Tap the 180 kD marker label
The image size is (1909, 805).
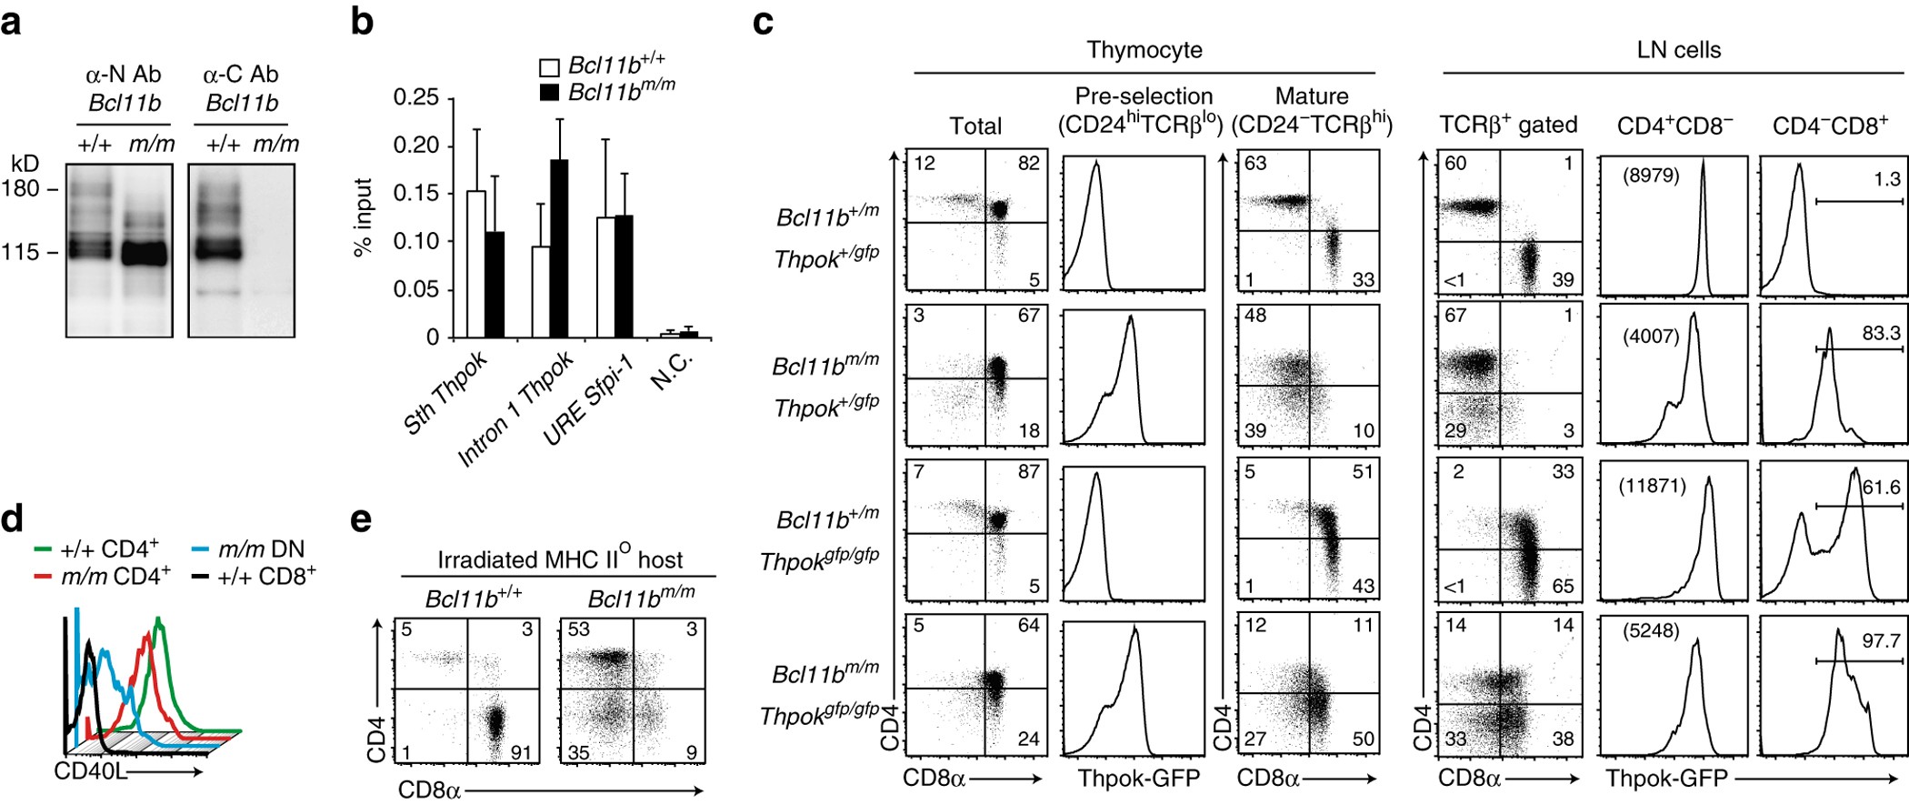(x=21, y=188)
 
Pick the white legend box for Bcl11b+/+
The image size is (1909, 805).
(x=549, y=67)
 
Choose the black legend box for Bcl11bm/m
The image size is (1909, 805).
(x=549, y=93)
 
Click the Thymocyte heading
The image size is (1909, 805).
(x=1144, y=50)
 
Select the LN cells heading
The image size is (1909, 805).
(x=1678, y=50)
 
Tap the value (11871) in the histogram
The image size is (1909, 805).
(x=1652, y=486)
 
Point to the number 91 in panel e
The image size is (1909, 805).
(x=520, y=752)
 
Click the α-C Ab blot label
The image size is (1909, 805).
(x=241, y=75)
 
